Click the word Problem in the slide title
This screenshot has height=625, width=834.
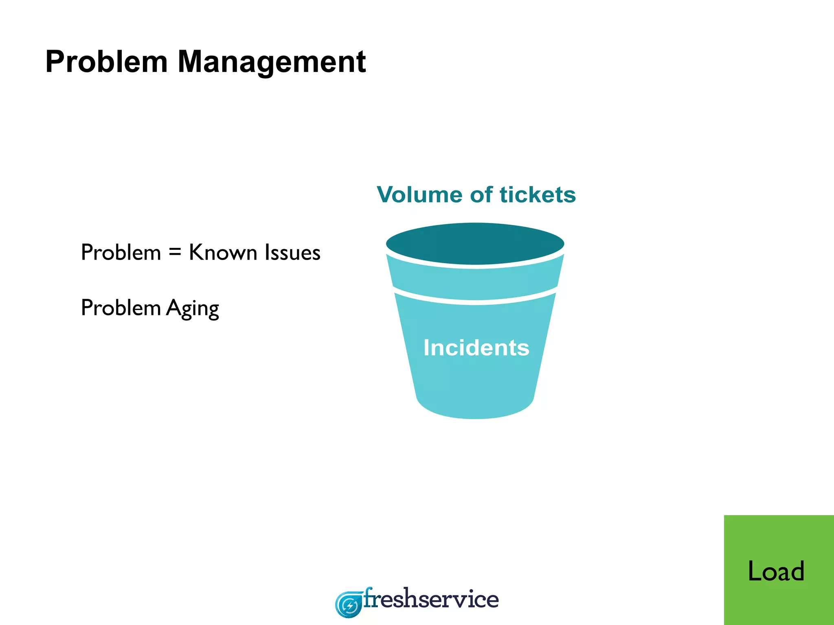[106, 62]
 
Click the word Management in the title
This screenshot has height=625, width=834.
[272, 62]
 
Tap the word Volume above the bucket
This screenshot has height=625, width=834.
[420, 194]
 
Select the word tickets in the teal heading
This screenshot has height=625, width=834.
[538, 194]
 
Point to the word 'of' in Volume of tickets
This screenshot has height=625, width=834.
[481, 194]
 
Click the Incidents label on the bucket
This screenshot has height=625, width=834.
[476, 348]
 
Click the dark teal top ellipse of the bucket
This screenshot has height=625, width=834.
[475, 243]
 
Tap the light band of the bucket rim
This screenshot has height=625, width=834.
[475, 281]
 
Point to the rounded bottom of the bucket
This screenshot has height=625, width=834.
[475, 409]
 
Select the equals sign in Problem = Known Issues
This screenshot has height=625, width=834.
[175, 252]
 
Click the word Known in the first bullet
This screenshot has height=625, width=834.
[223, 252]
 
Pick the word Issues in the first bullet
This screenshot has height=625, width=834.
[292, 252]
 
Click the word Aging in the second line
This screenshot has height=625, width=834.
[193, 308]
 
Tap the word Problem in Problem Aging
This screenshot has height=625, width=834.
[121, 308]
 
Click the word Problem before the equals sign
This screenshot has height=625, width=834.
[121, 252]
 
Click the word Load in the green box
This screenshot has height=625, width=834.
[776, 571]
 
